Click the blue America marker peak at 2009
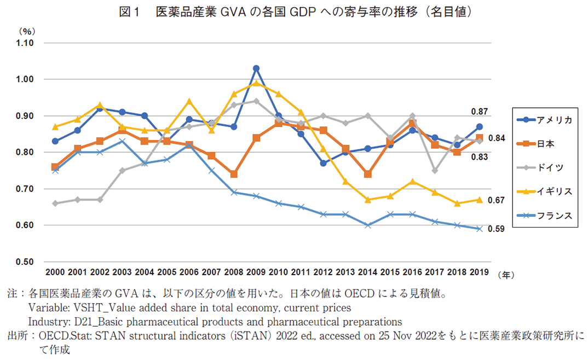(256, 68)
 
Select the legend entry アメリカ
(553, 120)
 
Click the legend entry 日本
(546, 144)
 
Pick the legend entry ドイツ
(550, 167)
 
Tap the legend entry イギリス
(553, 191)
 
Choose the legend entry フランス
(553, 216)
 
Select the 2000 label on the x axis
(55, 272)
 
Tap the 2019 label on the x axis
(479, 272)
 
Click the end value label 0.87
(480, 112)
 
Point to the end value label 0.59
(496, 229)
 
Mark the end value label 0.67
(496, 200)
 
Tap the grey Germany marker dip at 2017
(435, 171)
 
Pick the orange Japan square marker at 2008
(234, 174)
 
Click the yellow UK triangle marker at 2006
(189, 101)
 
